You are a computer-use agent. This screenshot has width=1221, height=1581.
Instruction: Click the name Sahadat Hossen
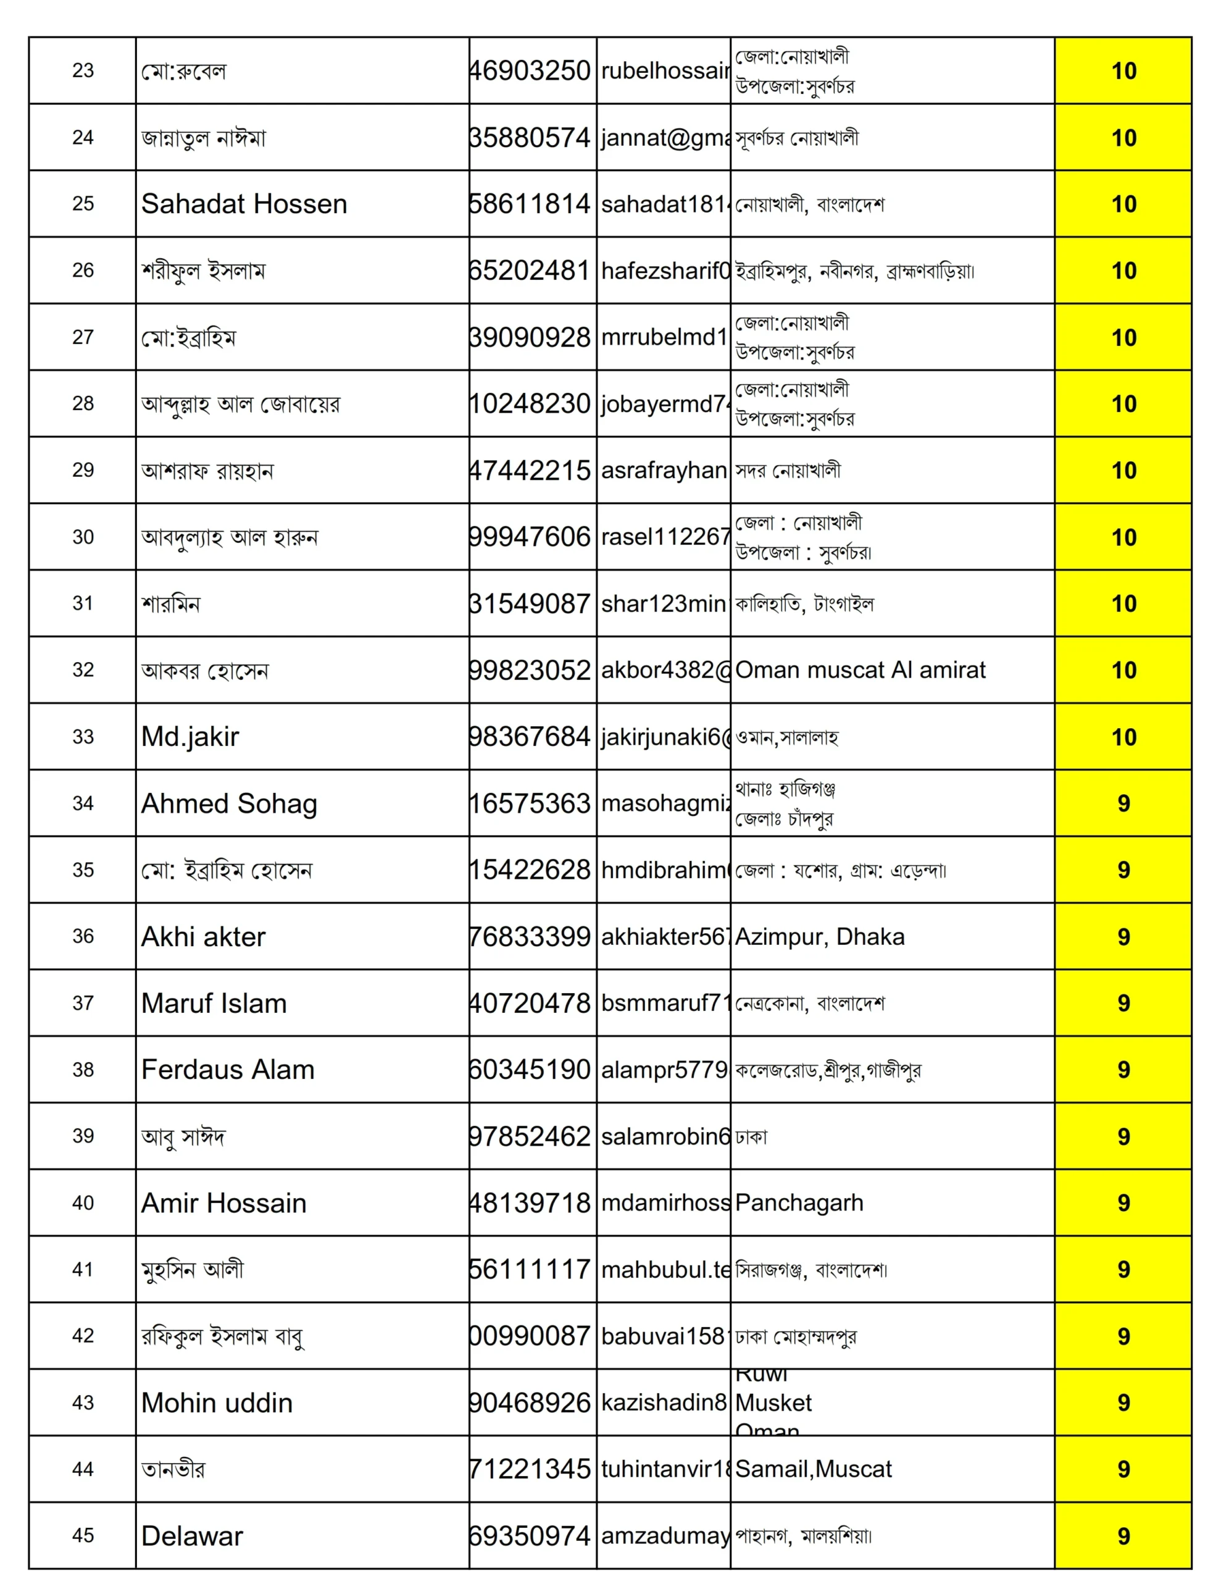click(244, 204)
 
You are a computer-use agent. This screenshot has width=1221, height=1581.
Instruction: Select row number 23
click(83, 70)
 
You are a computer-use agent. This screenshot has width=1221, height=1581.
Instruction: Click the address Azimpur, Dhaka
click(819, 937)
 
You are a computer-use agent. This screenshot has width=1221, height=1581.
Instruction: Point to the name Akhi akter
click(203, 937)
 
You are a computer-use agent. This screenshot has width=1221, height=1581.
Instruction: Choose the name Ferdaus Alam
click(227, 1070)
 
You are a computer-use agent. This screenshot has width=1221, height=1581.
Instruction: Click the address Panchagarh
click(799, 1203)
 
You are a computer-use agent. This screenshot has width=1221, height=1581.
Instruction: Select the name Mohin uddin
click(217, 1403)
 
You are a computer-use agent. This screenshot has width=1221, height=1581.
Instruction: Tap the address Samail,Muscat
click(814, 1469)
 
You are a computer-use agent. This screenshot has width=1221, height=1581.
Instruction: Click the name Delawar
click(192, 1536)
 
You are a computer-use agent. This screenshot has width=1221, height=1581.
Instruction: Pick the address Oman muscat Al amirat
click(860, 670)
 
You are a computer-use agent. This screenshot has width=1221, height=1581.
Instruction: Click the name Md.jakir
click(190, 737)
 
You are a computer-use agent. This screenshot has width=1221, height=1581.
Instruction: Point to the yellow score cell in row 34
click(1123, 803)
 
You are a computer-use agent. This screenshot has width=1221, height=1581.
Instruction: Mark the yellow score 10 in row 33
click(1123, 737)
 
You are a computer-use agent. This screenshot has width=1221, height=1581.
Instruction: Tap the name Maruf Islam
click(214, 1004)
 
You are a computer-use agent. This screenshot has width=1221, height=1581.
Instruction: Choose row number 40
click(83, 1203)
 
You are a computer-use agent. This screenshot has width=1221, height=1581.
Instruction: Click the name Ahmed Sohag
click(229, 803)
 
